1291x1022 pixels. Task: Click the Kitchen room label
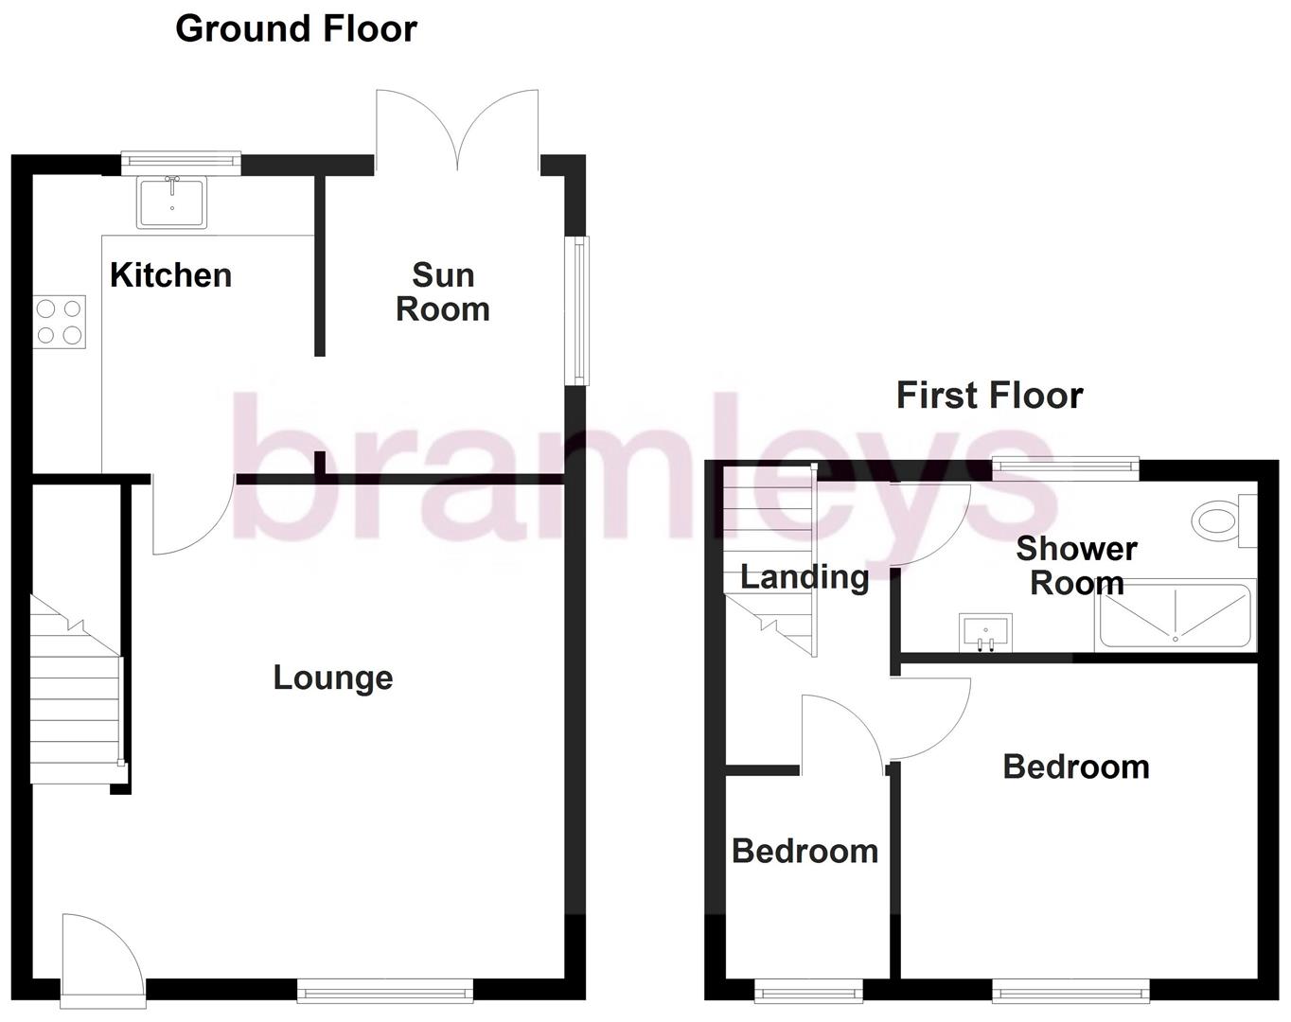170,275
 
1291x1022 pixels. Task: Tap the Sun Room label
442,292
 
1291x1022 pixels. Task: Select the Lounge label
332,678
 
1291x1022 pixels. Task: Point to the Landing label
805,576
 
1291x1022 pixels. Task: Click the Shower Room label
1076,566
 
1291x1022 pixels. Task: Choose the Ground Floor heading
295,28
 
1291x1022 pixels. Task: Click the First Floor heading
989,395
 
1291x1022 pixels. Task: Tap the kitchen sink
172,203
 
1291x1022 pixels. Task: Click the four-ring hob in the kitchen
60,322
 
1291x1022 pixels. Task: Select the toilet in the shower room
1221,520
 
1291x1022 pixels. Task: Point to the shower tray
1175,616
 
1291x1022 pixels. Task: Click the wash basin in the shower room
985,632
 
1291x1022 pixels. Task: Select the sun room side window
576,310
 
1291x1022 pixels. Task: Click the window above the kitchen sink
181,163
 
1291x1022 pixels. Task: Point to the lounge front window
385,992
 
